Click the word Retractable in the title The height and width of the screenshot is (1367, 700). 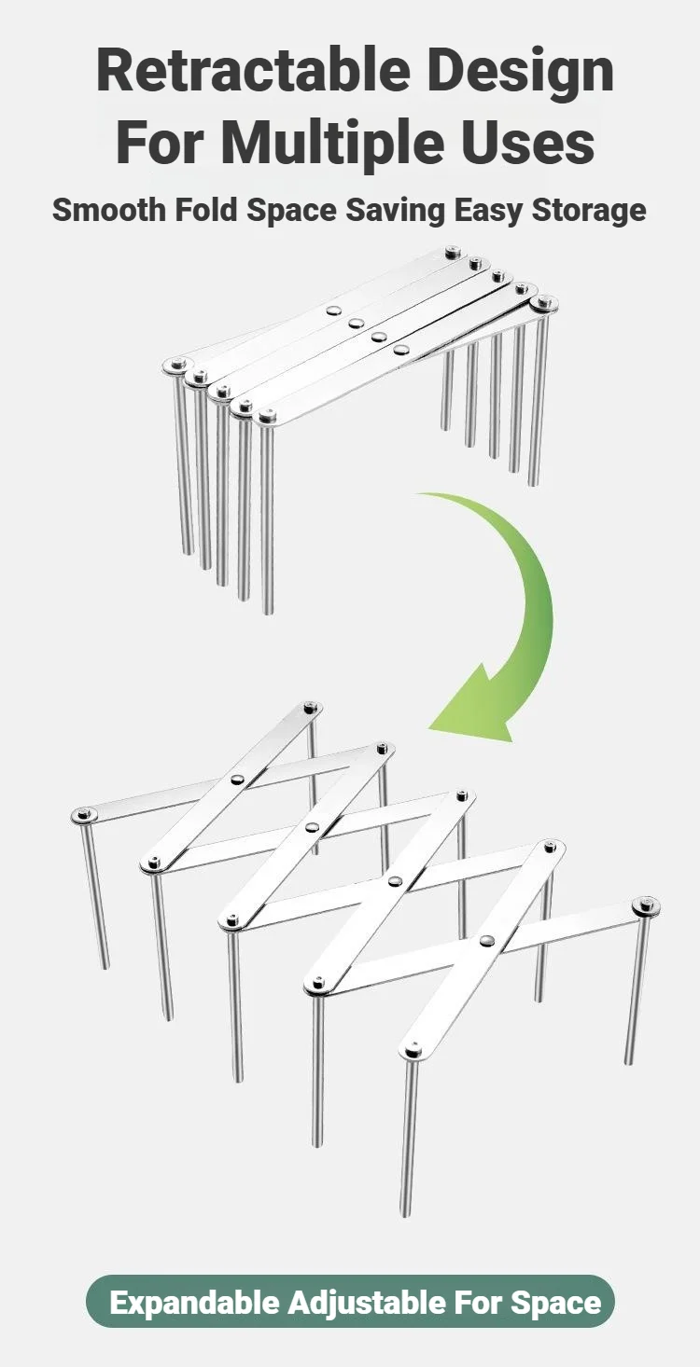pyautogui.click(x=253, y=72)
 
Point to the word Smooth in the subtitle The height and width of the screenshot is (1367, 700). pyautogui.click(x=108, y=210)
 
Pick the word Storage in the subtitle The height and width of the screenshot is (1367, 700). pyautogui.click(x=589, y=211)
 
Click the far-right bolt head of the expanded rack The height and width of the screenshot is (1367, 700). pyautogui.click(x=646, y=906)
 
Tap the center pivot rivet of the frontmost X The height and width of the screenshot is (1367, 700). pyautogui.click(x=486, y=941)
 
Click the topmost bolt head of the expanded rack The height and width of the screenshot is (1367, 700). pyautogui.click(x=313, y=707)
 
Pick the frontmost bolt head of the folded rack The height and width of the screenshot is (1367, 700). pyautogui.click(x=264, y=417)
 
